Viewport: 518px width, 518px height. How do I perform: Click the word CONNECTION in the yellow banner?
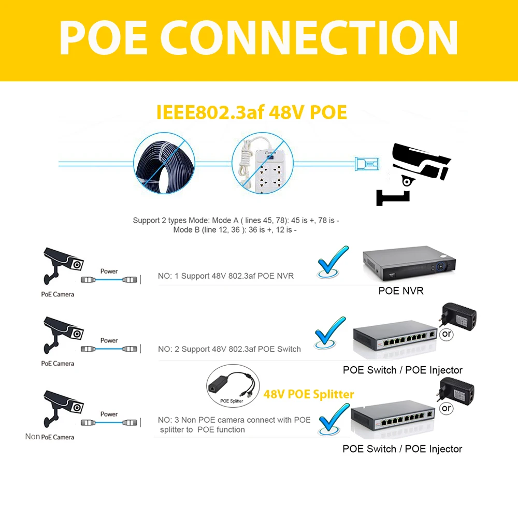click(x=309, y=37)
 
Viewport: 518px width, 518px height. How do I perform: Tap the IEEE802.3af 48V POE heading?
click(x=251, y=112)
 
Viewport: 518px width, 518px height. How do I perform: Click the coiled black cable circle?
click(x=164, y=163)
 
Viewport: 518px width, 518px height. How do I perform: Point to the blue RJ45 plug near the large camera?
click(x=367, y=164)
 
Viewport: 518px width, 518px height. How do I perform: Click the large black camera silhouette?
click(x=413, y=174)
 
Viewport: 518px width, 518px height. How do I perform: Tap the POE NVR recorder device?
click(x=409, y=263)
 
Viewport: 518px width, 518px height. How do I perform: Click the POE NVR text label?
click(x=401, y=291)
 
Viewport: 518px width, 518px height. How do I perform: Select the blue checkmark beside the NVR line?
click(x=333, y=261)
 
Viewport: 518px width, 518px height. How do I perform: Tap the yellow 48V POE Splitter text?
click(x=309, y=394)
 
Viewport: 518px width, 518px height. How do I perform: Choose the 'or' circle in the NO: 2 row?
click(x=447, y=334)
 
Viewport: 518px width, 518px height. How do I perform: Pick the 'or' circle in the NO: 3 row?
click(x=447, y=408)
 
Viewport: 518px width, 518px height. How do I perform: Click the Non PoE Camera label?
click(x=50, y=437)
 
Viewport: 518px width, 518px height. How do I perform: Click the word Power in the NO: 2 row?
click(x=109, y=340)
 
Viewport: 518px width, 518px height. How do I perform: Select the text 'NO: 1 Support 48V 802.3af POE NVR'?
click(x=226, y=276)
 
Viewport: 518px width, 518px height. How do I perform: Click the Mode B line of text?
click(x=235, y=229)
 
